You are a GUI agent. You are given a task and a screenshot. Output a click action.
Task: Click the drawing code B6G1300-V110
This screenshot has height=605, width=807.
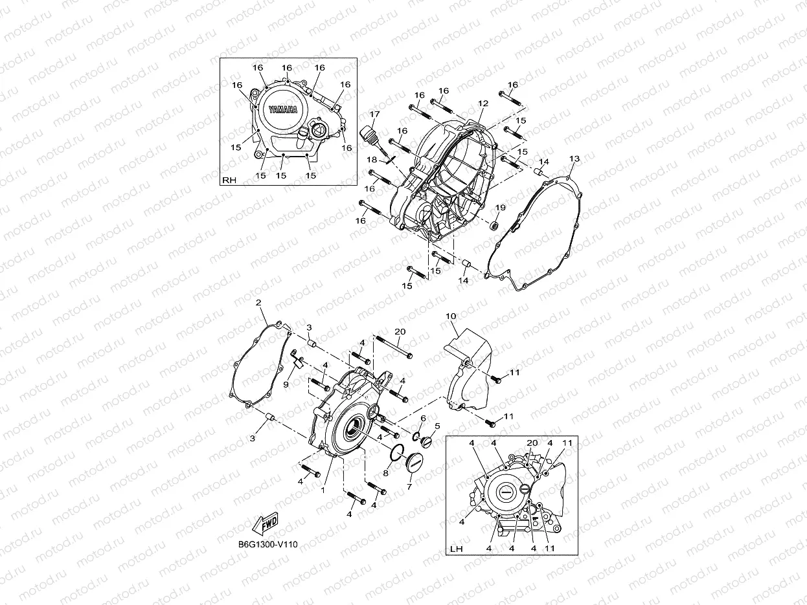tap(267, 544)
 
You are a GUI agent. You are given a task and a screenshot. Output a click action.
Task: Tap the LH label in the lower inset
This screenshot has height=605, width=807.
tap(456, 549)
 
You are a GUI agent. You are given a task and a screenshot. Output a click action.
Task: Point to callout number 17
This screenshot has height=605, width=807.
tap(374, 115)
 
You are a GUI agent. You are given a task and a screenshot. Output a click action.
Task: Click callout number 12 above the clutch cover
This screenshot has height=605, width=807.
tap(483, 104)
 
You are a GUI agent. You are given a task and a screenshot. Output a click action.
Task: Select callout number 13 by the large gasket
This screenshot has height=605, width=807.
tap(574, 159)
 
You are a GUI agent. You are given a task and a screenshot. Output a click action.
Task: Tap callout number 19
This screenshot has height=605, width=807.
tap(501, 207)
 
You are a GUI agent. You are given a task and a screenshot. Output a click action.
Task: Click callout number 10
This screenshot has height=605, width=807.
tap(451, 316)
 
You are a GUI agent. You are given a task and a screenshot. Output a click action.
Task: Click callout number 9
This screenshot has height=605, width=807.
tap(286, 384)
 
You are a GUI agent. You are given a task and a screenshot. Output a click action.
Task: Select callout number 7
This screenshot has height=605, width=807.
tap(409, 486)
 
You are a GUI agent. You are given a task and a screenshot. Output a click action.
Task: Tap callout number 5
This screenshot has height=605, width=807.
tap(437, 426)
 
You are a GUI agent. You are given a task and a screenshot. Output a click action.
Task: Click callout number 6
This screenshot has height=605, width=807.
tap(422, 419)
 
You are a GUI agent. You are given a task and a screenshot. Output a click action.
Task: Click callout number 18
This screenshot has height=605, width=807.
tap(373, 160)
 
